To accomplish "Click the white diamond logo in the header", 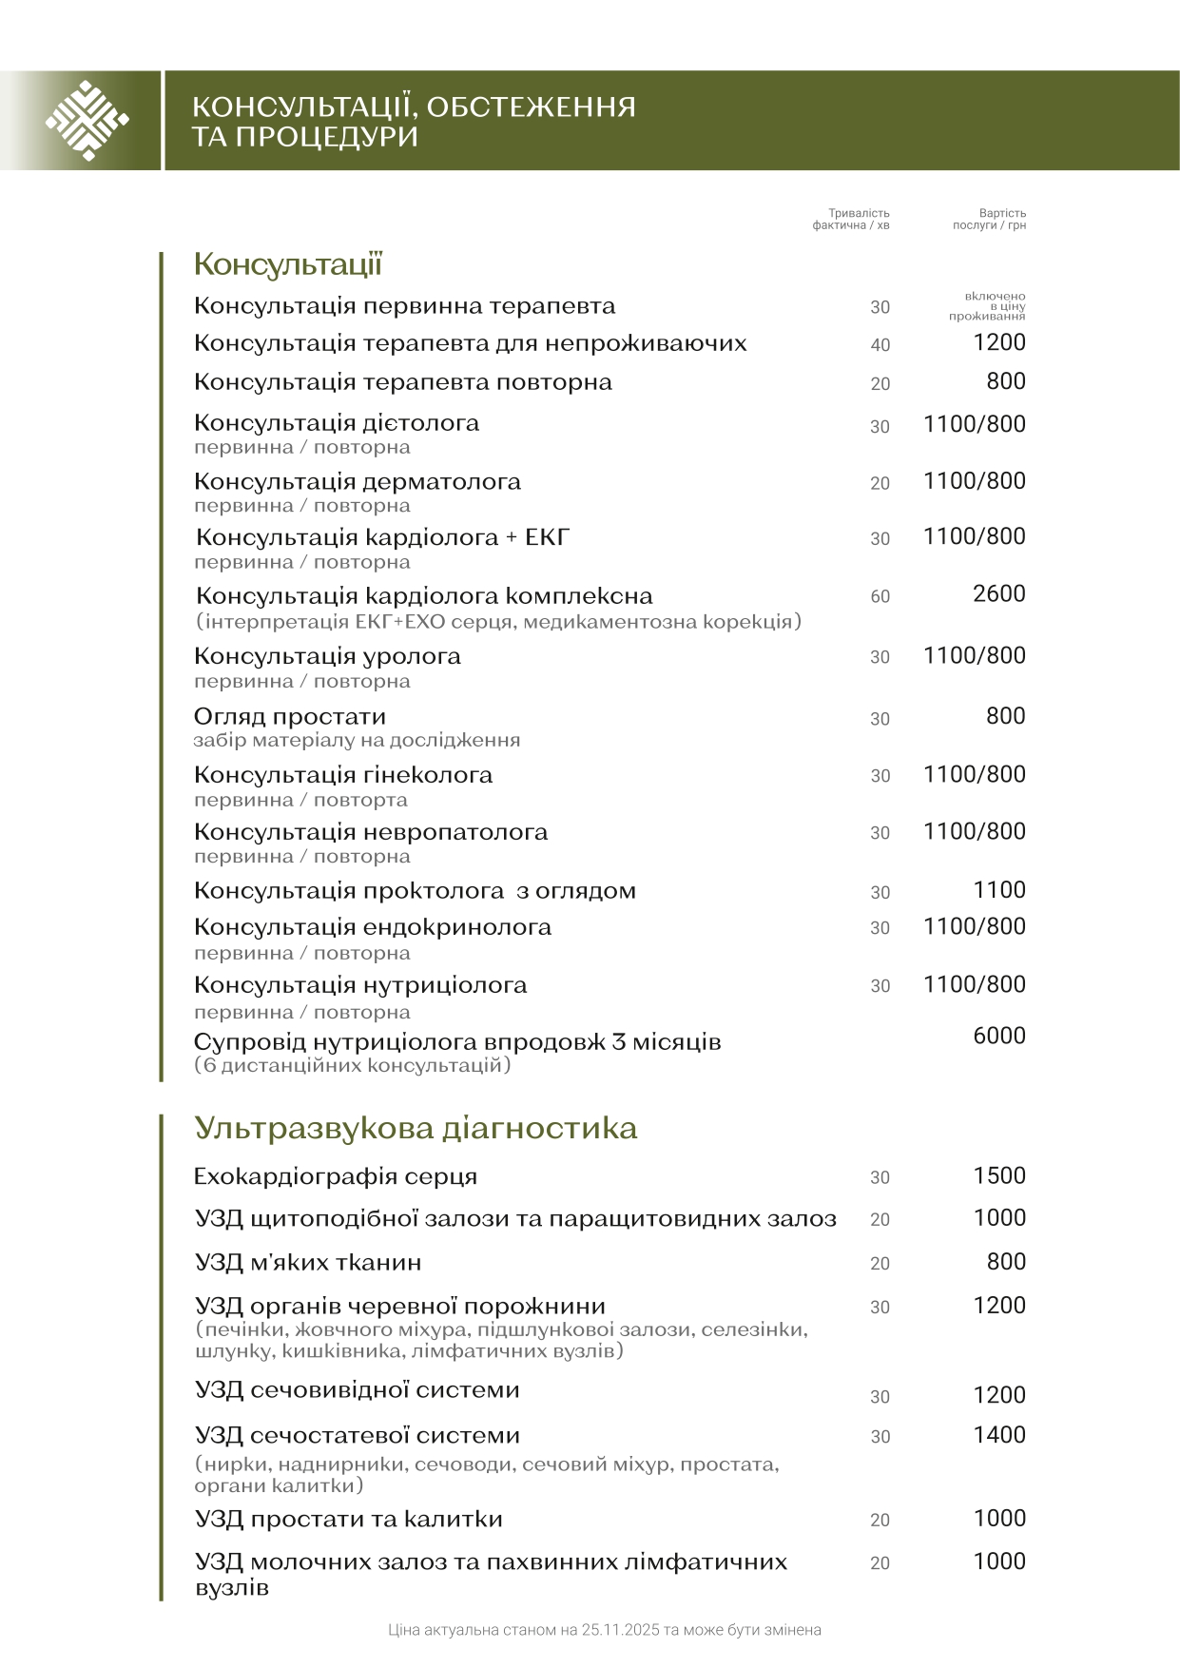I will pyautogui.click(x=87, y=121).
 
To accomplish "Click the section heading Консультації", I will pyautogui.click(x=287, y=263).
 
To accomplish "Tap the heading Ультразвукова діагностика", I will pyautogui.click(x=415, y=1128).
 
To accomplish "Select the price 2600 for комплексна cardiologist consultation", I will pyautogui.click(x=998, y=594).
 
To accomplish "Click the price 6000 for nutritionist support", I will pyautogui.click(x=998, y=1036).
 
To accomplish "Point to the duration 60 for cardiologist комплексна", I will pyautogui.click(x=880, y=597).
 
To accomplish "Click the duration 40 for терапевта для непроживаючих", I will pyautogui.click(x=880, y=345).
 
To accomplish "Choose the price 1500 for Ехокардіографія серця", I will pyautogui.click(x=998, y=1175).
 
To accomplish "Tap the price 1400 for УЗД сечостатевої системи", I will pyautogui.click(x=998, y=1435).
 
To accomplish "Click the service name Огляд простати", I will pyautogui.click(x=289, y=716).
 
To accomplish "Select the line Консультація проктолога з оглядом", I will pyautogui.click(x=415, y=891).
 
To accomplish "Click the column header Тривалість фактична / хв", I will pyautogui.click(x=852, y=220).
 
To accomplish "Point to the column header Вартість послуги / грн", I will pyautogui.click(x=990, y=220).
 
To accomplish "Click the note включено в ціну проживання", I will pyautogui.click(x=989, y=306).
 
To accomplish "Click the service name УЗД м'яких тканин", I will pyautogui.click(x=307, y=1263).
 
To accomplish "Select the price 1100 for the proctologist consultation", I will pyautogui.click(x=998, y=890).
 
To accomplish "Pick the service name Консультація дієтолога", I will pyautogui.click(x=336, y=422).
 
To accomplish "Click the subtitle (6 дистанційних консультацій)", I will pyautogui.click(x=352, y=1065).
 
